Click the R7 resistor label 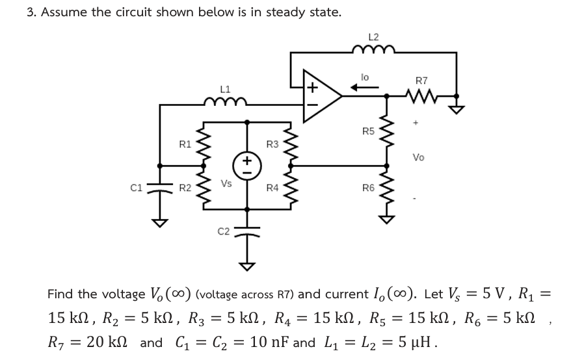coord(421,81)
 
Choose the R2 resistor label coord(185,188)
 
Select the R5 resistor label coord(368,131)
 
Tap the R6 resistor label coord(368,188)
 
